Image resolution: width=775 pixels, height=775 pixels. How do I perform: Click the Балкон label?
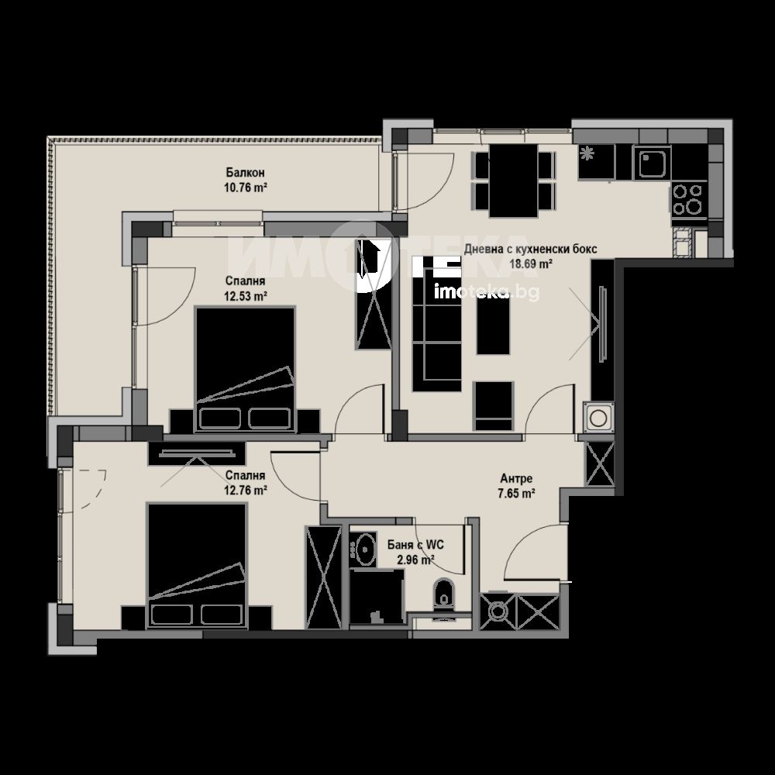click(x=245, y=173)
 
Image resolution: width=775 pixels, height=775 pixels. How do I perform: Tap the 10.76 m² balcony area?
click(x=245, y=188)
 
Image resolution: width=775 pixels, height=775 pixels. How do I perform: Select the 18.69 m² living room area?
click(x=530, y=263)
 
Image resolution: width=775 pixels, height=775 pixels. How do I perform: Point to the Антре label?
click(x=516, y=478)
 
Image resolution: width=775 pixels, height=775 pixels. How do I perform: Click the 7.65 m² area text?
click(x=516, y=493)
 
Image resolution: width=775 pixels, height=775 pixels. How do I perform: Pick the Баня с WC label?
click(x=415, y=545)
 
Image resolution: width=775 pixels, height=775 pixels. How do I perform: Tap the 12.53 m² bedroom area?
click(x=246, y=296)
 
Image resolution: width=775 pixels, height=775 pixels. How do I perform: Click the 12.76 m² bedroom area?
click(x=246, y=491)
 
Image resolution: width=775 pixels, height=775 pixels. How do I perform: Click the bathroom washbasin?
click(x=367, y=549)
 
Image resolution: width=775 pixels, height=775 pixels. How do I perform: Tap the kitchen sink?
click(x=652, y=163)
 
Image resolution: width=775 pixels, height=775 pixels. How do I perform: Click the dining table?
click(x=514, y=181)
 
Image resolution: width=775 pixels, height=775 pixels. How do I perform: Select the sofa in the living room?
click(x=437, y=324)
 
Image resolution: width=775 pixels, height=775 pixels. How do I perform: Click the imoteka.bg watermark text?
click(x=487, y=292)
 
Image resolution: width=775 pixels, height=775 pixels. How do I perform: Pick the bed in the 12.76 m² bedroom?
click(x=197, y=566)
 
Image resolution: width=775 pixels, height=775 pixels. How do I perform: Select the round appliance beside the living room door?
click(x=598, y=418)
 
